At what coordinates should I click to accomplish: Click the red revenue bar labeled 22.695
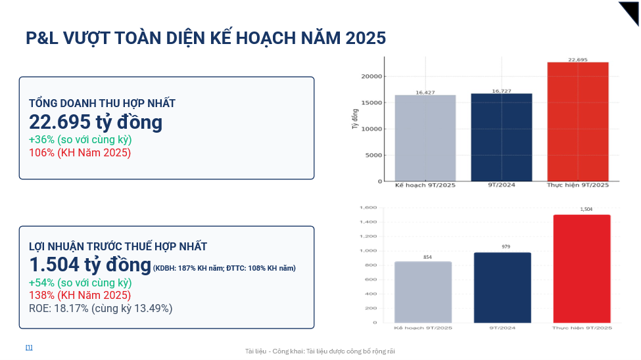coord(578,122)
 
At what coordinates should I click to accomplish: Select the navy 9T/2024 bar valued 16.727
coord(502,137)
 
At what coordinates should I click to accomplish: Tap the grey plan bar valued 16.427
coord(425,138)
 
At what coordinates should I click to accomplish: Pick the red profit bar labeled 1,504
coord(582,269)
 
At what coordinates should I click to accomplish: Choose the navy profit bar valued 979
coord(502,287)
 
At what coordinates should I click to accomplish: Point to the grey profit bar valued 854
coord(423,292)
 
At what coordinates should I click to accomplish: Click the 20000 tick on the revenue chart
coord(371,76)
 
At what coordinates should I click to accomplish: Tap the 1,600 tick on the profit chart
coord(368,208)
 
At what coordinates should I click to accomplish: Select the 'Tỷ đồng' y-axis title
coord(355,116)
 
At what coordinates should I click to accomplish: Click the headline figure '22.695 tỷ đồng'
coord(95,122)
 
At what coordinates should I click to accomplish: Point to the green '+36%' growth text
coord(80,140)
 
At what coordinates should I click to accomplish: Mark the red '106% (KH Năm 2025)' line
coord(80,152)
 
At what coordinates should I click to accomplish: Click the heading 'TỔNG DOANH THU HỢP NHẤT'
coord(102,103)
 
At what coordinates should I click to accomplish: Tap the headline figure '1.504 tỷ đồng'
coord(90,265)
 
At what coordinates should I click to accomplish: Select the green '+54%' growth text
coord(80,283)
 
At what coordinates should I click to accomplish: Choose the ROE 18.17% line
coord(101,308)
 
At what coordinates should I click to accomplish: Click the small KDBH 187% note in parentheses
coord(224,268)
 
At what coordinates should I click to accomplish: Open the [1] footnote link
coord(29,347)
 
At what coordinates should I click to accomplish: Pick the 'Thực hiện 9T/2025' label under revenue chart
coord(578,185)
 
